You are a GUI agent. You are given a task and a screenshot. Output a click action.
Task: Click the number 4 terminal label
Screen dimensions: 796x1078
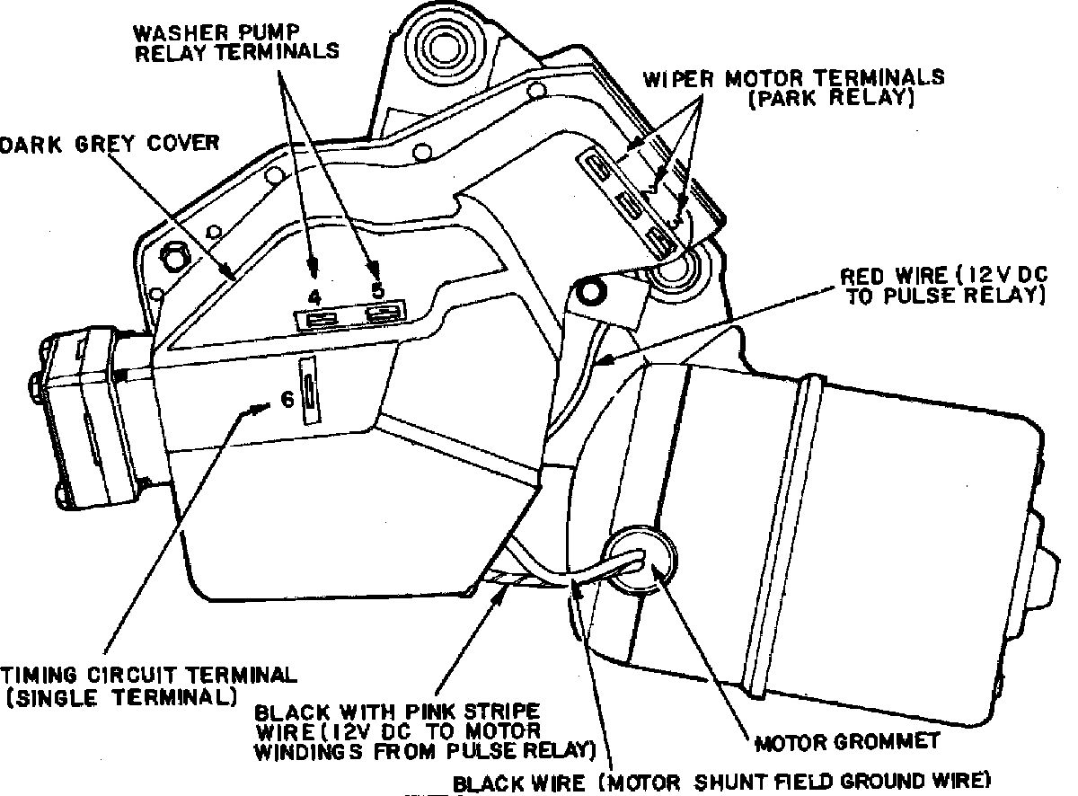click(314, 296)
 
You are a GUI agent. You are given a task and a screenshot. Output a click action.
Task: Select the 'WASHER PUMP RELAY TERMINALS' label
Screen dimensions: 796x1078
click(237, 41)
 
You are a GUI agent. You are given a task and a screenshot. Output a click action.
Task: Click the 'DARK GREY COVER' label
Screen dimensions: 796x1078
click(110, 143)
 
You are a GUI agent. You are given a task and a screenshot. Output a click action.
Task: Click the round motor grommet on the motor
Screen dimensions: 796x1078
click(639, 562)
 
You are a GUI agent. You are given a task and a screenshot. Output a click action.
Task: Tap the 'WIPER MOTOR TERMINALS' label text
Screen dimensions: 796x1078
click(793, 76)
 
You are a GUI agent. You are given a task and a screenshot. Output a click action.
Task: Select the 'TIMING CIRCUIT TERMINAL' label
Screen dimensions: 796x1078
click(148, 675)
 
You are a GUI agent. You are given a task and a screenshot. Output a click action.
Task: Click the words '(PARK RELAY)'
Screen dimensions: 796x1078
click(832, 99)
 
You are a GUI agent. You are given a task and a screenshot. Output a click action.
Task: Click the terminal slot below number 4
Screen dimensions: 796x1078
click(320, 317)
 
